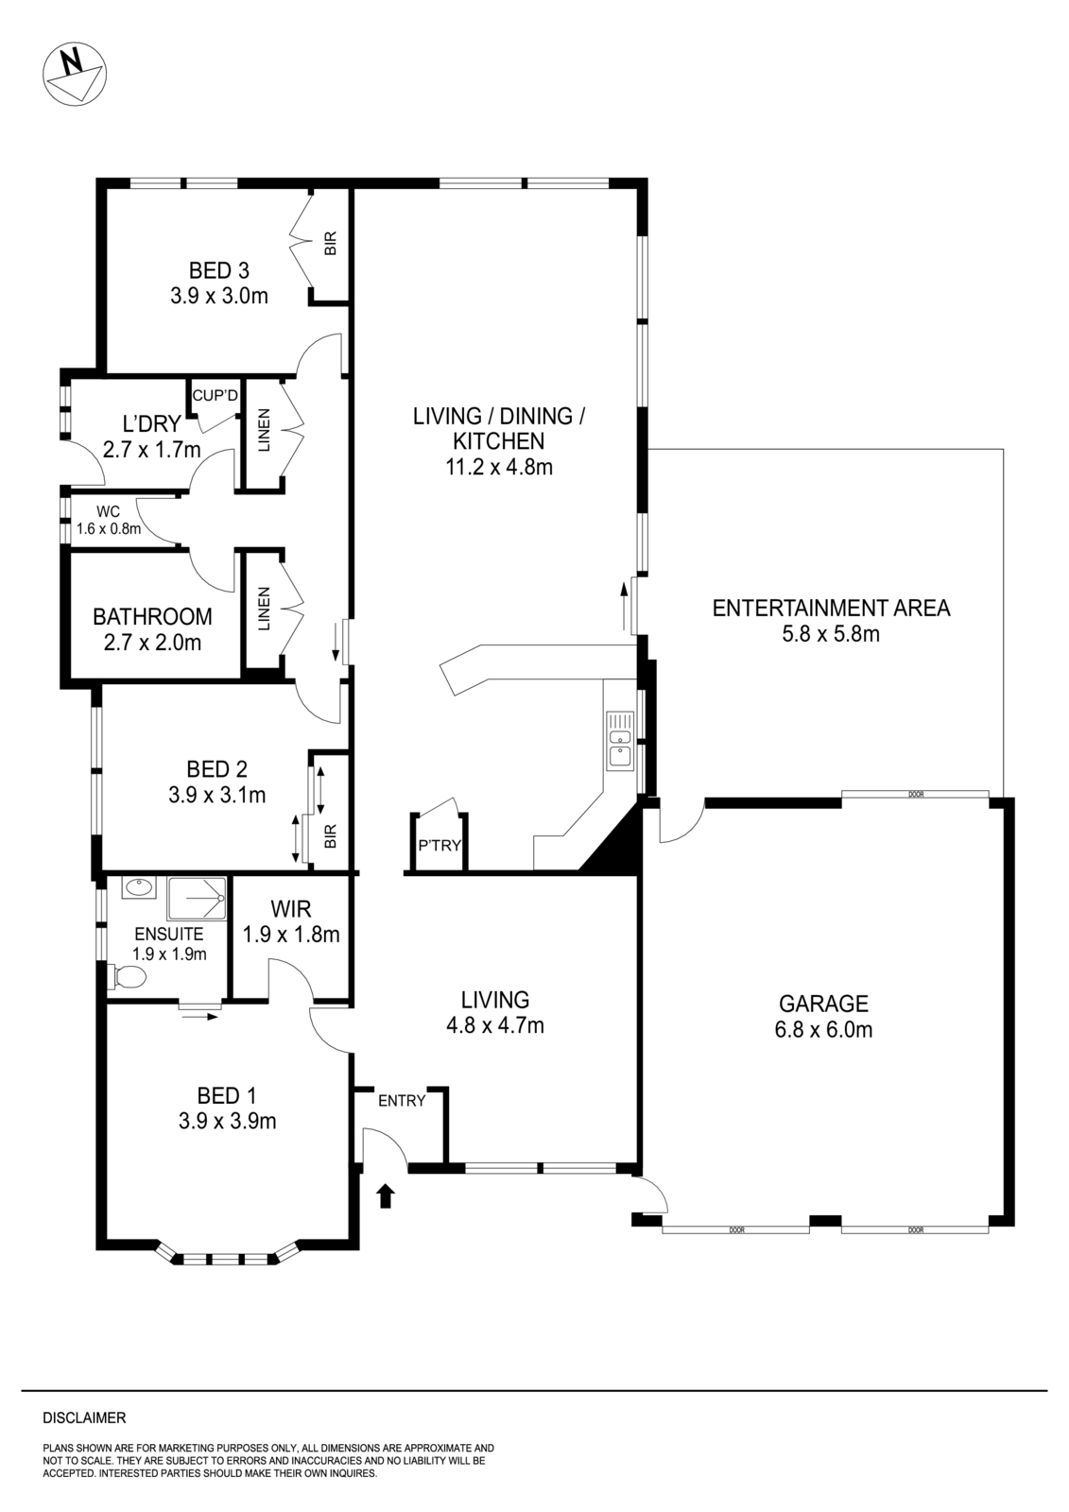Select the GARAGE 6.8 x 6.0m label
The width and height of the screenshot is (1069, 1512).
coord(823,1016)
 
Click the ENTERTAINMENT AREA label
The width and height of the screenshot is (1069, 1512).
coord(830,620)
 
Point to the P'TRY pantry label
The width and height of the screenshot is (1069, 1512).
coord(440,845)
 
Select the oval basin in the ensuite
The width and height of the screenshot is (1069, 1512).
coord(138,888)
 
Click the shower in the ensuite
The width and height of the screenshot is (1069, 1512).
coord(197,899)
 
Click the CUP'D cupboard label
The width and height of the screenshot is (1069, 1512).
coord(215,395)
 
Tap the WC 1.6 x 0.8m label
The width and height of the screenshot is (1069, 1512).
coord(108,521)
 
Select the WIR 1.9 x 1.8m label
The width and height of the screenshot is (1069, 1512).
coord(291,922)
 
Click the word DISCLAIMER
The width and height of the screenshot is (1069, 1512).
coord(84,1417)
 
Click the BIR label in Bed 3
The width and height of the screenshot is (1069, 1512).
coord(331,245)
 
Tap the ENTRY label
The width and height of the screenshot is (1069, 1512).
coord(402,1101)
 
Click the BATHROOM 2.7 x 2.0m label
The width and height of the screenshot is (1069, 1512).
coord(152,629)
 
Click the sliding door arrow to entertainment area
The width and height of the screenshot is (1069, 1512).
coord(624,606)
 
